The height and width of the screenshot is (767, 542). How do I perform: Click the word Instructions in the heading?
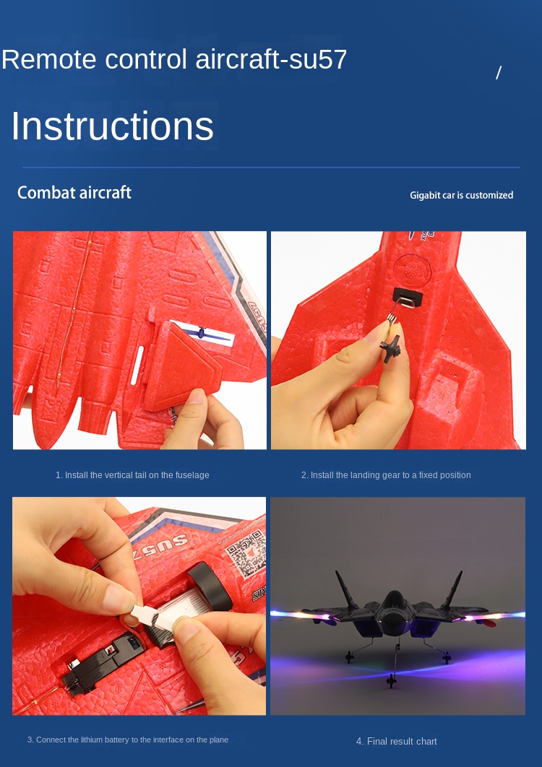(112, 126)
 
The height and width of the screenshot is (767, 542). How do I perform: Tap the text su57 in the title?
(318, 59)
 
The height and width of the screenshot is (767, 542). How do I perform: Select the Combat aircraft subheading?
(74, 193)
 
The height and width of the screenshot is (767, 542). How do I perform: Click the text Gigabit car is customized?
(461, 195)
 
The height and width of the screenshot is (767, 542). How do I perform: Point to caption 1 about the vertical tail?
(132, 475)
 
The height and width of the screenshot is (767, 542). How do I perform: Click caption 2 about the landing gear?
(386, 475)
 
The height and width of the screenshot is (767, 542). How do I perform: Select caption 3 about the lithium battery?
(128, 740)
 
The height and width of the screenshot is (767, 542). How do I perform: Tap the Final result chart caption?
(397, 742)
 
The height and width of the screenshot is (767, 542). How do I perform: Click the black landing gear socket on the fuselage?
(408, 297)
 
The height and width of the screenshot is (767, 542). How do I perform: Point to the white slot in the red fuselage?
(137, 365)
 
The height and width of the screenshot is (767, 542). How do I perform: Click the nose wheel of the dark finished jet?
(391, 680)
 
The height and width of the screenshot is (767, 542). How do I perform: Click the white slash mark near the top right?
(499, 73)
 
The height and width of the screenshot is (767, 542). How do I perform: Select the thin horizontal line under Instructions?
(271, 168)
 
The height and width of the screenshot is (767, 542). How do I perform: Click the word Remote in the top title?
(49, 59)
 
